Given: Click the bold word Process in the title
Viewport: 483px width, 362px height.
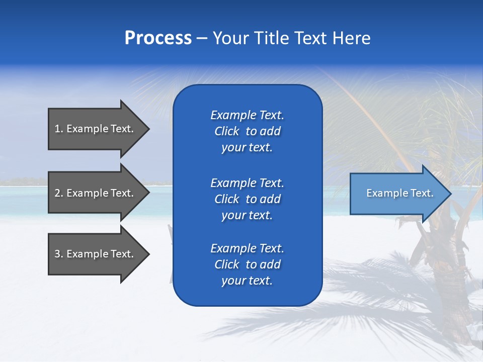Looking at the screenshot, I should (x=158, y=38).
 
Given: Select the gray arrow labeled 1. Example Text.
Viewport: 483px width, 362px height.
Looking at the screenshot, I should (x=96, y=129).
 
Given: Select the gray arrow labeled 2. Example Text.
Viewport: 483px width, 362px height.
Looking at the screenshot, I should (x=96, y=193).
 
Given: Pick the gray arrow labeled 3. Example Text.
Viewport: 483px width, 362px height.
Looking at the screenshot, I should (x=96, y=254).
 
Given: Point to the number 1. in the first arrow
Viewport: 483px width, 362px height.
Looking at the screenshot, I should (x=59, y=129).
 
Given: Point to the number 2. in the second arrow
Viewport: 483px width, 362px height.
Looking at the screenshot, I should (x=59, y=193).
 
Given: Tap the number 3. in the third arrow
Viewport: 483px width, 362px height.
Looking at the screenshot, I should (x=59, y=254).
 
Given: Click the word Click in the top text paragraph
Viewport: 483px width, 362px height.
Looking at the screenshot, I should (x=227, y=131).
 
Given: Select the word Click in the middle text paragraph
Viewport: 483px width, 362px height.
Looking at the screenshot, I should (x=227, y=199).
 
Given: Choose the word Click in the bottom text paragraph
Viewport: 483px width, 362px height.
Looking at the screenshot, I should (x=227, y=264).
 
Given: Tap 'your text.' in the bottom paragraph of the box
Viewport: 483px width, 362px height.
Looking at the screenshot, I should (x=247, y=281).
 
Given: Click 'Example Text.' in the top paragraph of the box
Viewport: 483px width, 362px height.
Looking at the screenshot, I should (x=247, y=115).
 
